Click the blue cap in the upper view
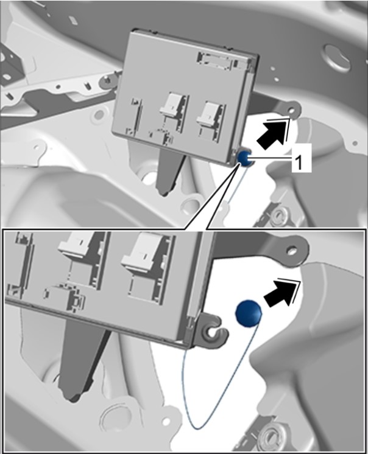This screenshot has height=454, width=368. [245, 158]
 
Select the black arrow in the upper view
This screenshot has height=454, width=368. [272, 133]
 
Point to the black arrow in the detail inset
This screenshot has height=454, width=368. [280, 292]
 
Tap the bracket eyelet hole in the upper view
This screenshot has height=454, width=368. [292, 110]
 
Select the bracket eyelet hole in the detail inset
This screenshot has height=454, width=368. [292, 250]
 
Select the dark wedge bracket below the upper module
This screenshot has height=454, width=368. [171, 171]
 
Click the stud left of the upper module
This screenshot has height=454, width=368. [108, 79]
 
